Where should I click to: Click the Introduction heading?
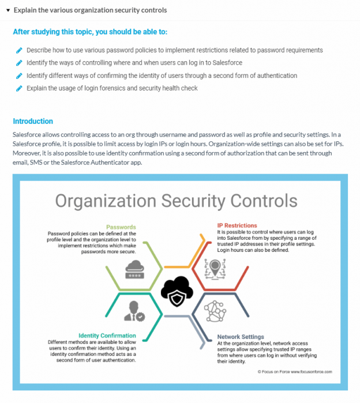pos(33,121)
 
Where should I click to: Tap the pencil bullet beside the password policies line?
pos(19,50)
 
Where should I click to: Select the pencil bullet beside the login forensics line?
pos(19,88)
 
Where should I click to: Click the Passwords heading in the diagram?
pos(121,227)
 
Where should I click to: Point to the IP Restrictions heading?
pos(237,225)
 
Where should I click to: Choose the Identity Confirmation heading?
pos(107,335)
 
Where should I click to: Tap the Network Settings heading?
pos(241,337)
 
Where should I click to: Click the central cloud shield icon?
pos(176,291)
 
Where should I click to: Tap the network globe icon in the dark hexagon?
pos(217,312)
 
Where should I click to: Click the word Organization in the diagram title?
pos(104,201)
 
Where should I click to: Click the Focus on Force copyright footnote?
pos(294,372)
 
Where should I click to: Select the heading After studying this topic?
pos(91,32)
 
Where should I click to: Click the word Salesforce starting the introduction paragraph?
pos(28,134)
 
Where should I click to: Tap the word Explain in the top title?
pos(25,10)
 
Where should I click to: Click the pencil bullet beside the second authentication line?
pos(19,76)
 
